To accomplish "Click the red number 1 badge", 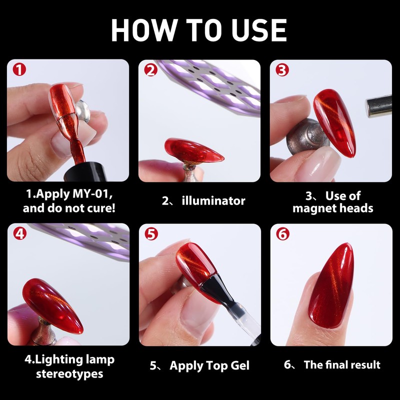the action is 19,69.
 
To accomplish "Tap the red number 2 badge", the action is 151,70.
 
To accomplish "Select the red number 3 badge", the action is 282,70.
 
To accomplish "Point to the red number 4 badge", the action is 20,233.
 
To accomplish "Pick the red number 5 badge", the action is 151,234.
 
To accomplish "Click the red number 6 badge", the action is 283,234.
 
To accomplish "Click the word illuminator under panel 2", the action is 213,201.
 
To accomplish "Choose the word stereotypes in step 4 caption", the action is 69,374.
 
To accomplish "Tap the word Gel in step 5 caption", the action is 240,365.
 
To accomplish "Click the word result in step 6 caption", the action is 365,365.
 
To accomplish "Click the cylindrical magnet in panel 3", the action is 379,106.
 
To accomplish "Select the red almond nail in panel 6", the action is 331,285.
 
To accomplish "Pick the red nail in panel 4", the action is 52,305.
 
